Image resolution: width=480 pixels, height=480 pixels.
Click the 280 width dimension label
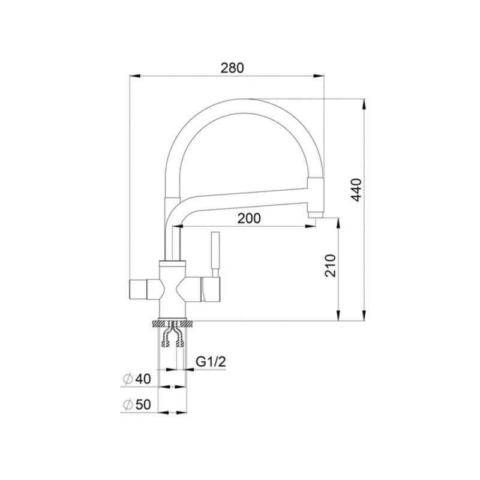(x=232, y=68)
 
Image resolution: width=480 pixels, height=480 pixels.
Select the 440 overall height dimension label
(x=356, y=190)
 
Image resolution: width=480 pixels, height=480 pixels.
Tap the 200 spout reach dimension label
(x=249, y=218)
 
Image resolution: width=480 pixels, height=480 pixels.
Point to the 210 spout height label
(x=331, y=265)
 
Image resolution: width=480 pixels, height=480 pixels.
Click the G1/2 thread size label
(x=211, y=362)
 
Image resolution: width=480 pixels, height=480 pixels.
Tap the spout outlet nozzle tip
(x=316, y=215)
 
